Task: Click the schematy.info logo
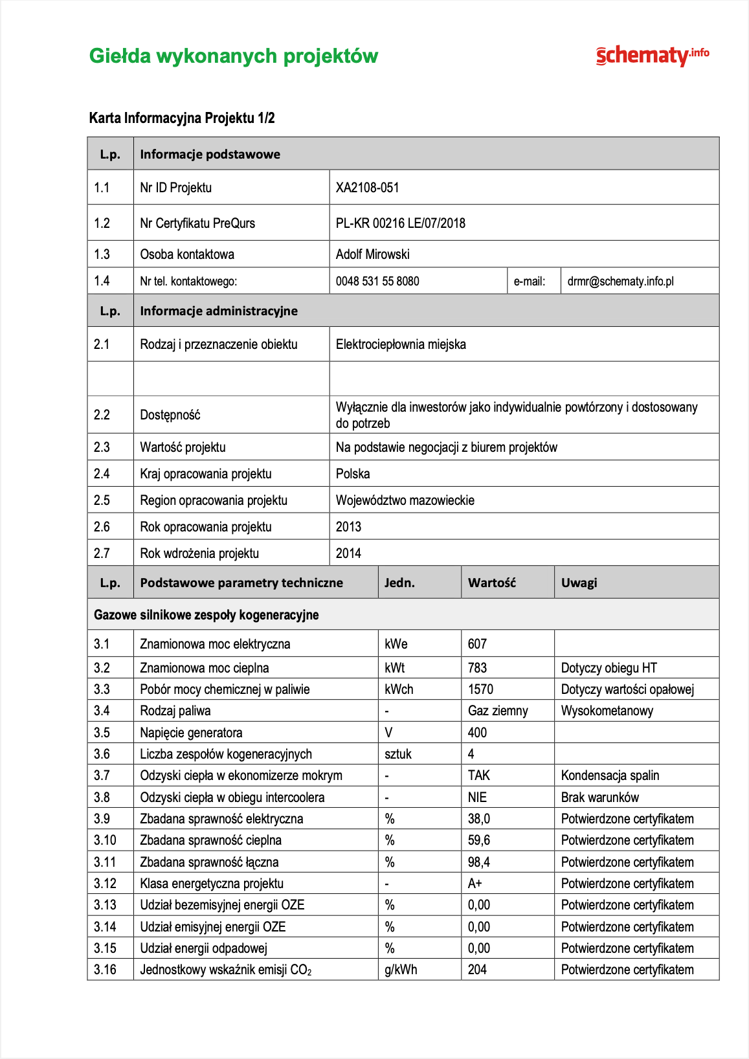tap(652, 56)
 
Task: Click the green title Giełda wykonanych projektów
tap(233, 56)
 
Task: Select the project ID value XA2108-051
tap(367, 188)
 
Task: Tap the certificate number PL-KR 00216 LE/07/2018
tap(400, 223)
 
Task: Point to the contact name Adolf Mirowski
tap(372, 254)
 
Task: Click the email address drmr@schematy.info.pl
tap(620, 281)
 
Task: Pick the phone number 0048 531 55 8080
tap(377, 281)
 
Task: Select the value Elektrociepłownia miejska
tap(401, 344)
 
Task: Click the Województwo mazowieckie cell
tap(405, 500)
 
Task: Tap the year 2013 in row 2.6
tap(348, 527)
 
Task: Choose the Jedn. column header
tap(399, 583)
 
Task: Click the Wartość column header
tap(492, 583)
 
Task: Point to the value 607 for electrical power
tap(477, 644)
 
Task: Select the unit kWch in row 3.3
tap(399, 689)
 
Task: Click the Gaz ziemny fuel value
tap(498, 711)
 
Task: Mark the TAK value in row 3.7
tap(479, 775)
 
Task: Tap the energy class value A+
tap(475, 884)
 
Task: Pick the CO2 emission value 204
tap(477, 970)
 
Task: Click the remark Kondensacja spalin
tap(610, 775)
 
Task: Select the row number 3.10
tap(105, 840)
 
